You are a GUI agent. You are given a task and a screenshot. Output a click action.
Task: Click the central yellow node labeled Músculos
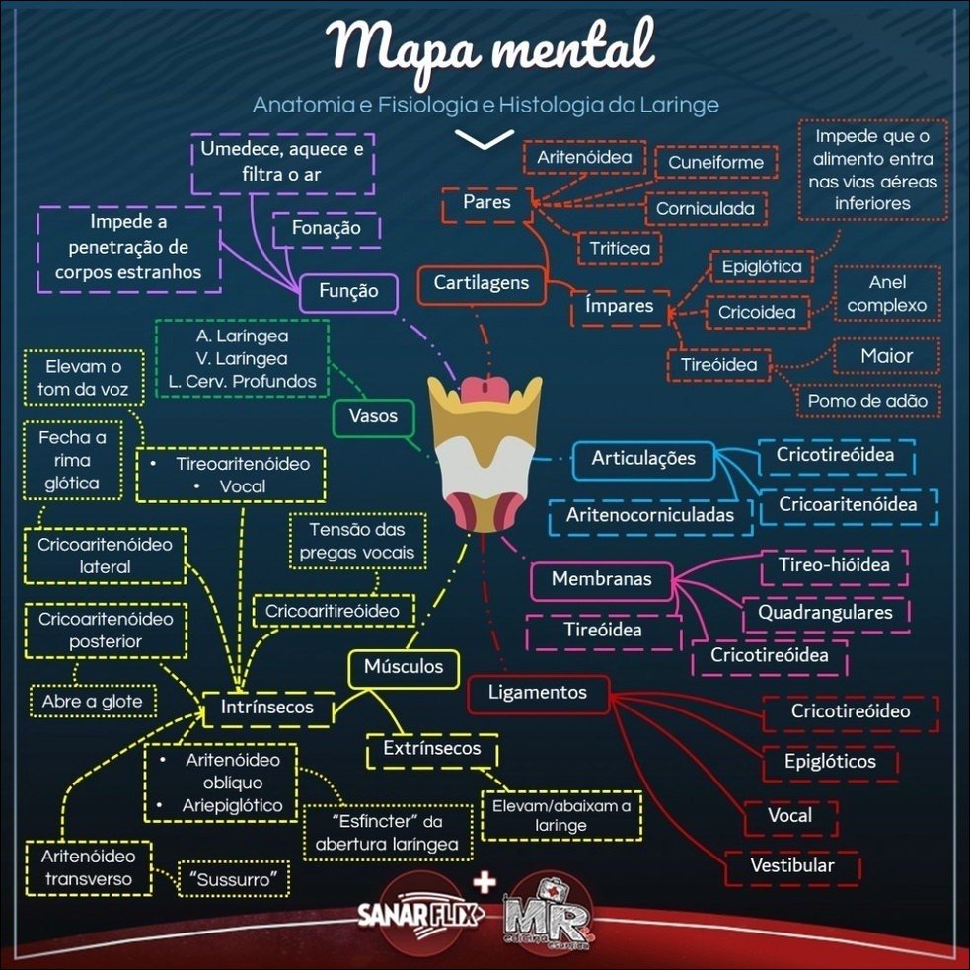(x=404, y=668)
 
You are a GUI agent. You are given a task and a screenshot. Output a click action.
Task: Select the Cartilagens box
(x=482, y=284)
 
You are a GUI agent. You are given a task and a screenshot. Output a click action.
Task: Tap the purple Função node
(x=348, y=292)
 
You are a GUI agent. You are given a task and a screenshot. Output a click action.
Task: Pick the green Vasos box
(x=373, y=416)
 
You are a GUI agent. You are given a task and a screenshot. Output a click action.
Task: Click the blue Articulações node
(x=643, y=459)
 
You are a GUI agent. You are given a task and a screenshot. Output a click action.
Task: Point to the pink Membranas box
(x=601, y=579)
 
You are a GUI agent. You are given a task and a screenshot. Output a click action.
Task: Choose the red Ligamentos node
(x=537, y=693)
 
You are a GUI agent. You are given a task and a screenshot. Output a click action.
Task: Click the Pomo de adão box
(x=866, y=401)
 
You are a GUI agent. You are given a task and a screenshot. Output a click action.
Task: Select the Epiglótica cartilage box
(x=762, y=267)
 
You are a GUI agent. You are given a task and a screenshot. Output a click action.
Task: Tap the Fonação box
(x=326, y=228)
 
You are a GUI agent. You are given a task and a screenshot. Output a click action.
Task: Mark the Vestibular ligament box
(x=792, y=866)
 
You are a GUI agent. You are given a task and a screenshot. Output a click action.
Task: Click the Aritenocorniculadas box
(x=650, y=515)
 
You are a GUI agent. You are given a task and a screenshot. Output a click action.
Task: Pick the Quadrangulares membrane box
(x=825, y=613)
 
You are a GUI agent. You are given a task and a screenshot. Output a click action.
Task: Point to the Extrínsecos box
(x=433, y=749)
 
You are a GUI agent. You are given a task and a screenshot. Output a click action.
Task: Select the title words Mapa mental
(x=490, y=46)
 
